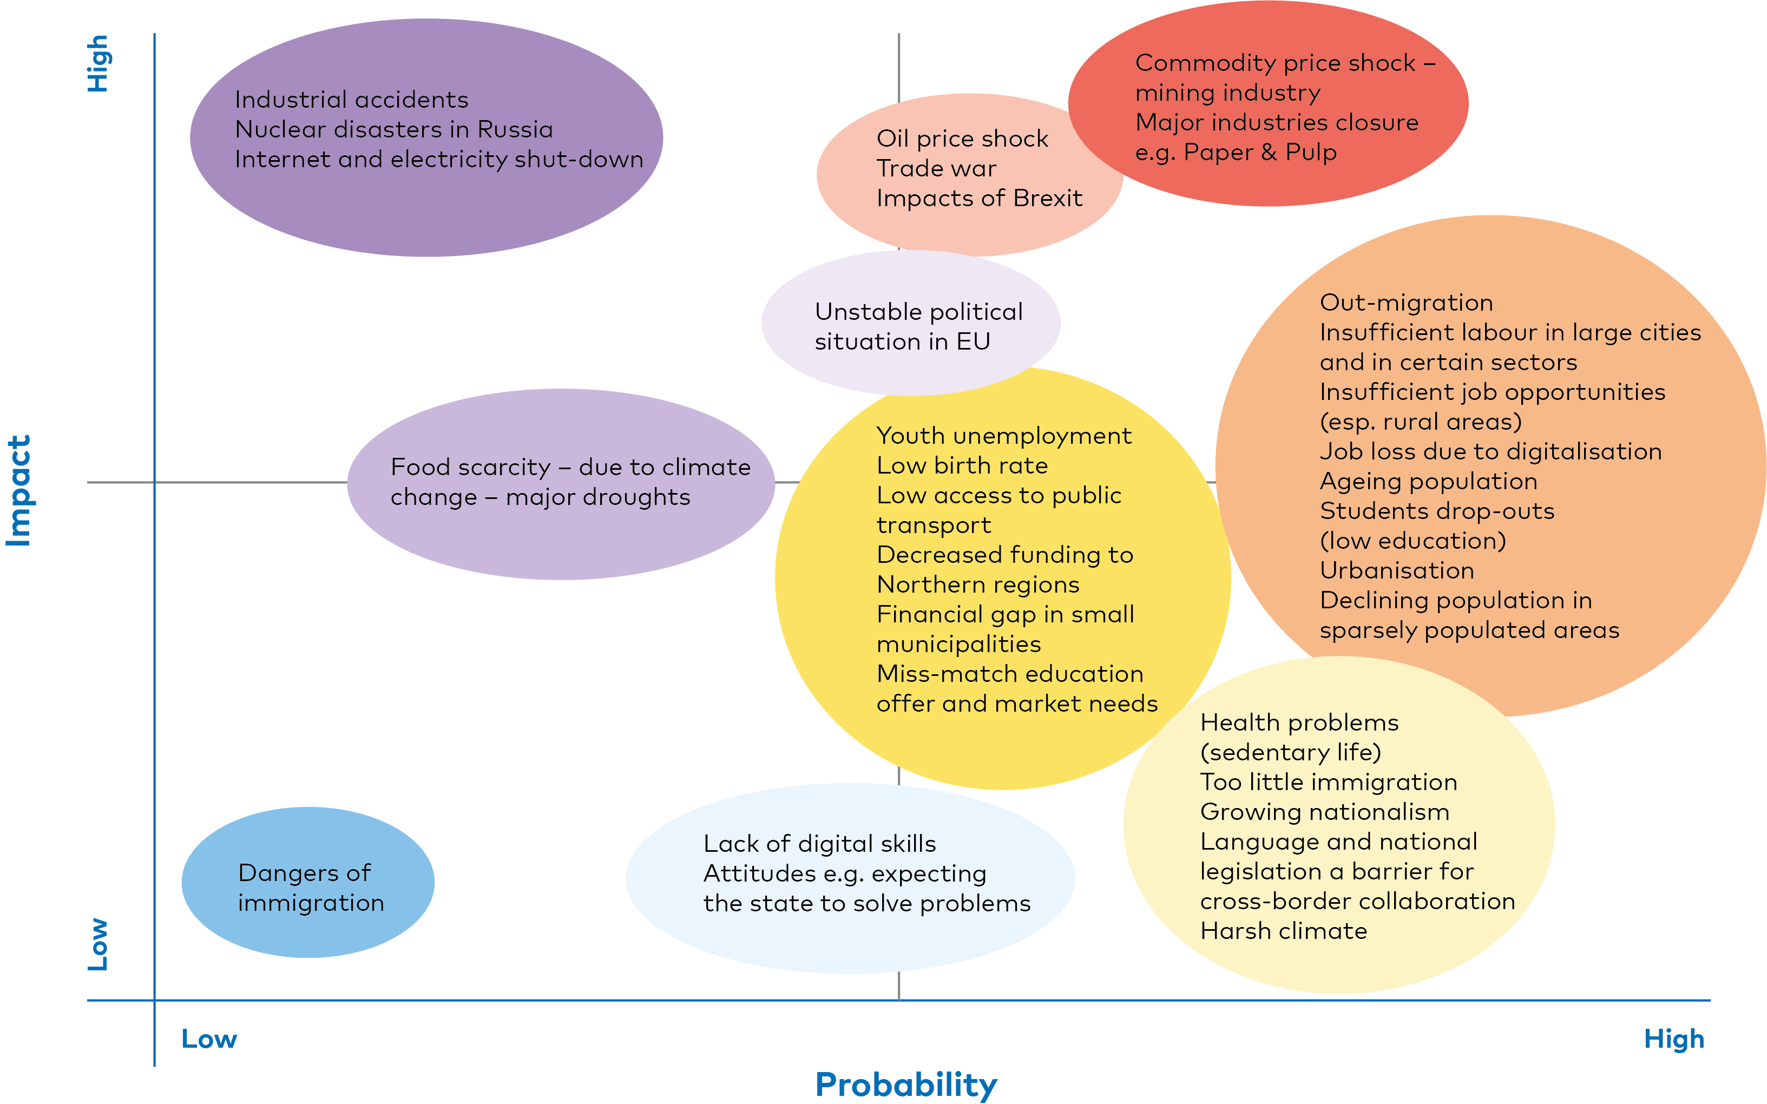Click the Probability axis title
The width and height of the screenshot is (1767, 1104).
point(905,1085)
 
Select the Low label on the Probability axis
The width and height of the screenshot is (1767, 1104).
point(209,1039)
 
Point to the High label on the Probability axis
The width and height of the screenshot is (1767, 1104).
point(1673,1039)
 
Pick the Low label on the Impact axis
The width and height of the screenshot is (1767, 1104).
point(98,944)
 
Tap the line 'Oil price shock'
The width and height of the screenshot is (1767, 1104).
point(962,139)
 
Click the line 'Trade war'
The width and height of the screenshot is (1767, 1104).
point(936,169)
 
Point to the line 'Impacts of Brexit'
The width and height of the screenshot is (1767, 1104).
point(979,198)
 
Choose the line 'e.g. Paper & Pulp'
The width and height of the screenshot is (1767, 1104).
point(1236,153)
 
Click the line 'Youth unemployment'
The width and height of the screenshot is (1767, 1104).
point(1004,436)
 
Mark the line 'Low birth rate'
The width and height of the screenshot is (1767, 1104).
point(962,466)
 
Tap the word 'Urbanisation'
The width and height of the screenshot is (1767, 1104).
point(1396,570)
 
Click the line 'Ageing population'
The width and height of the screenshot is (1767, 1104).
point(1428,481)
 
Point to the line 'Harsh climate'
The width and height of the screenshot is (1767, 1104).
point(1283,931)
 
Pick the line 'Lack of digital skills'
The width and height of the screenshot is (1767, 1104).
point(819,844)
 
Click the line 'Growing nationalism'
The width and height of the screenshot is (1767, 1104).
point(1324,812)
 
